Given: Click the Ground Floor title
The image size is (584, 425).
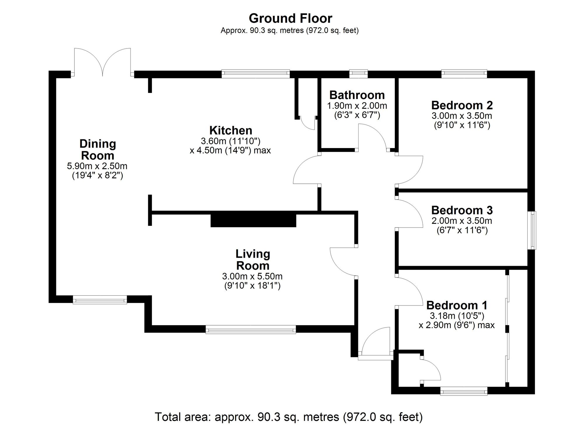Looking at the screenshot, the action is click(291, 18).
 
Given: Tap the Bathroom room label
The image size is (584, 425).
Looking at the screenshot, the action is click(357, 95).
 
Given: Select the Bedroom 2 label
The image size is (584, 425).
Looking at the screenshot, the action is click(462, 105).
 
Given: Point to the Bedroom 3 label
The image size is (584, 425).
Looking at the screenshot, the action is click(462, 210).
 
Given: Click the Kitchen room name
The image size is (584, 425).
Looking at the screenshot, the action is click(231, 130).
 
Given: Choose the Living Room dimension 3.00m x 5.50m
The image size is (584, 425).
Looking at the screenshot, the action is click(252, 276).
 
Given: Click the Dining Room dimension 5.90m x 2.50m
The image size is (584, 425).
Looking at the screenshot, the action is click(97, 166).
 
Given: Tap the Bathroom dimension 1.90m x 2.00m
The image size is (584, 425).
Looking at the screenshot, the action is click(357, 105).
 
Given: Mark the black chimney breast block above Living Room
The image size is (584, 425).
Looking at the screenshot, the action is click(253, 219).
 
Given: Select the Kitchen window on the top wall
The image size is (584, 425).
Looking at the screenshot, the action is click(255, 74).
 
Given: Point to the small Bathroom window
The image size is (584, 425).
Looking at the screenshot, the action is click(359, 74).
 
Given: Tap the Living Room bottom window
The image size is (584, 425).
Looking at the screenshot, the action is click(251, 329).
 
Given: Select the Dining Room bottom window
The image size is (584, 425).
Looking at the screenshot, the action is click(100, 300).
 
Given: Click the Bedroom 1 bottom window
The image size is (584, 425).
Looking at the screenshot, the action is click(464, 391).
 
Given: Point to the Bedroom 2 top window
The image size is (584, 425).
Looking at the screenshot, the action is click(464, 74).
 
